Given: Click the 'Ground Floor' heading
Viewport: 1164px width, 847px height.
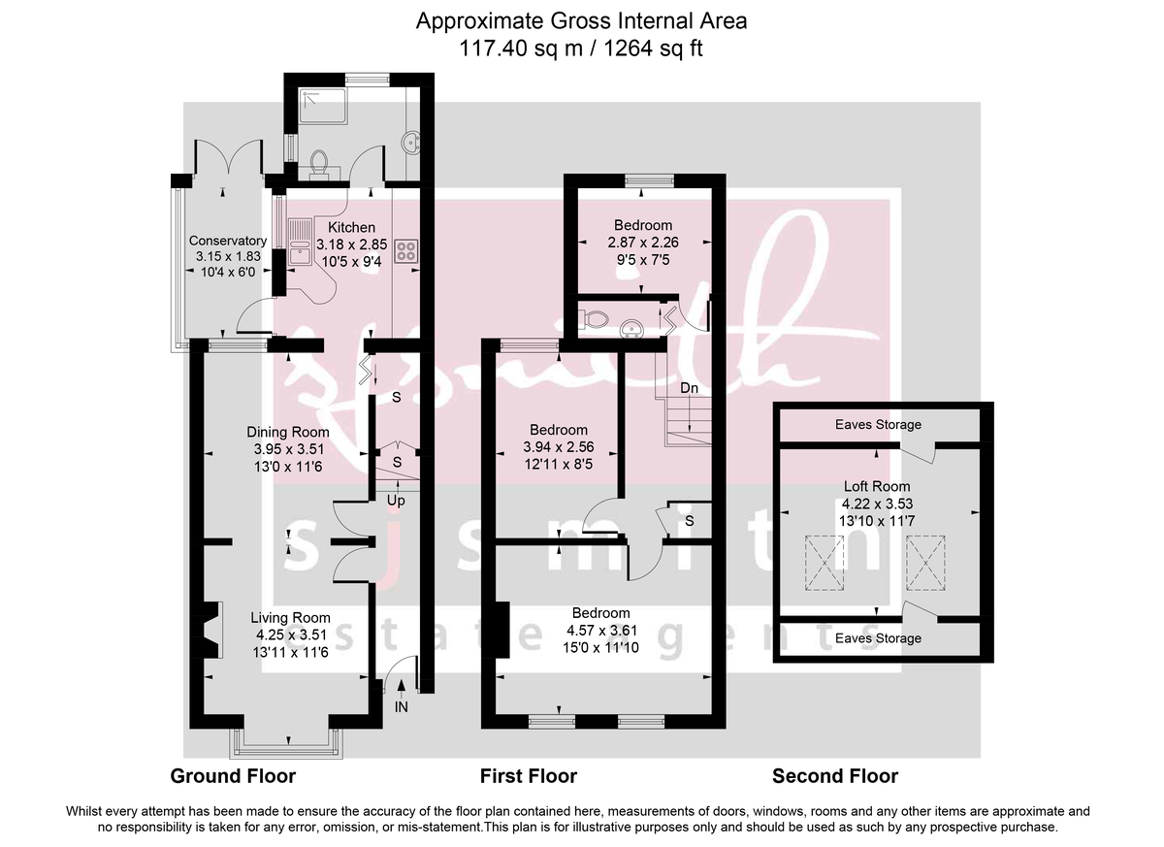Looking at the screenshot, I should click(x=233, y=776).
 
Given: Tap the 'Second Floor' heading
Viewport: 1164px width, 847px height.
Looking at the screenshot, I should click(x=834, y=776).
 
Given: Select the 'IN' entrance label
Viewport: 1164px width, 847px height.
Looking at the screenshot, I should click(x=402, y=708).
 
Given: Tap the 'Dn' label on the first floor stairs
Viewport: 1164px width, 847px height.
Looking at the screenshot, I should click(x=689, y=388).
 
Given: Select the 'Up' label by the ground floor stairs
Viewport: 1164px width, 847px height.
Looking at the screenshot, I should click(x=396, y=502).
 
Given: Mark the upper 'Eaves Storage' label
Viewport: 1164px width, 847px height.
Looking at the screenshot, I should click(x=878, y=425).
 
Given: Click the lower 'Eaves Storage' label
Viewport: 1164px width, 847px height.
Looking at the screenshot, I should click(x=878, y=638).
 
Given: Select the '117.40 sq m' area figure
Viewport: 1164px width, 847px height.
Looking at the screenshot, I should click(x=521, y=48).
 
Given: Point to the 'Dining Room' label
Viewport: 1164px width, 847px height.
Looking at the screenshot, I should click(x=287, y=432).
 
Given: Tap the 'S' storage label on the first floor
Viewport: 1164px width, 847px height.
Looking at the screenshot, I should click(x=689, y=521).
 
